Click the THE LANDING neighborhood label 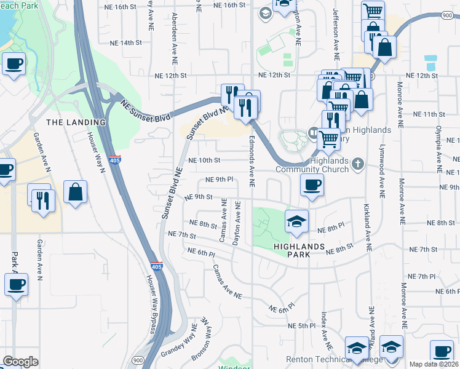pyautogui.click(x=76, y=122)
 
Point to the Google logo pyautogui.click(x=20, y=362)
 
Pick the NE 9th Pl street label pyautogui.click(x=220, y=180)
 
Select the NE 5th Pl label pyautogui.click(x=301, y=325)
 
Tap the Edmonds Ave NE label pyautogui.click(x=252, y=162)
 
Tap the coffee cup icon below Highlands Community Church pyautogui.click(x=312, y=184)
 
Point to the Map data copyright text pyautogui.click(x=434, y=364)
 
